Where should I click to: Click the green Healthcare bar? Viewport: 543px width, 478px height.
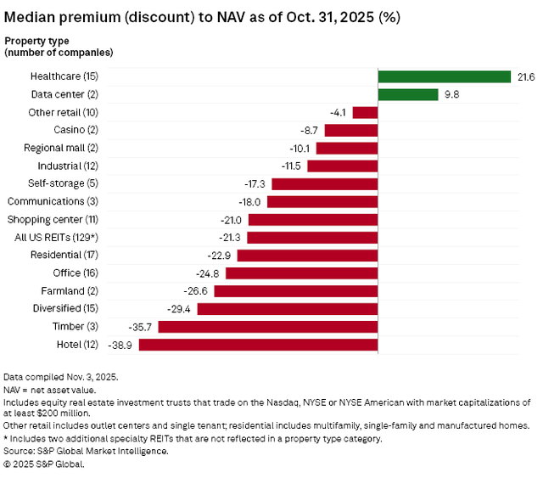coord(444,76)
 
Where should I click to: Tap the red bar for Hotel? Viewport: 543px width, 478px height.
coord(259,345)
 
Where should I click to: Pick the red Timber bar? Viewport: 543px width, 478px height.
coord(268,327)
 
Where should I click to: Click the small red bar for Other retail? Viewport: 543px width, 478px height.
coord(366,112)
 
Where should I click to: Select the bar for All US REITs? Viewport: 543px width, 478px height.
coord(313,237)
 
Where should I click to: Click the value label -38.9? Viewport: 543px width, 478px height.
coord(122,345)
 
